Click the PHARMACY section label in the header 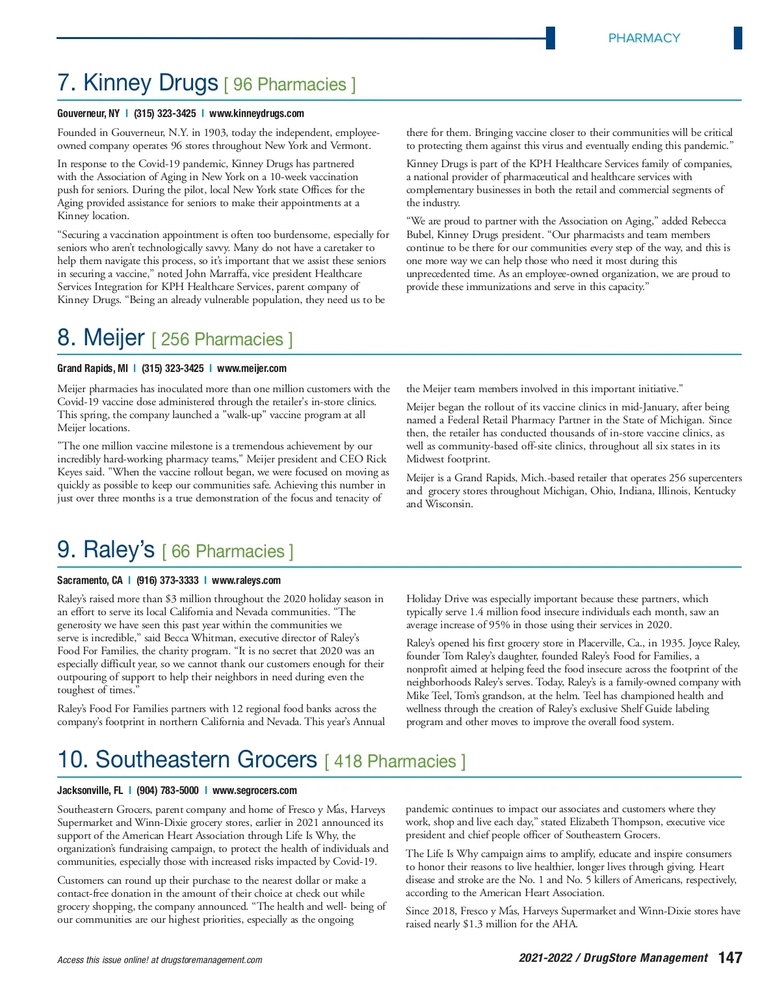pos(643,38)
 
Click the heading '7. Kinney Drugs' pos(138,83)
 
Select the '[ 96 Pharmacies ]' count pos(290,85)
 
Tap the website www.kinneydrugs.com pos(257,114)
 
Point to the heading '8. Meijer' pos(101,338)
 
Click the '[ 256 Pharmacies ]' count pos(222,339)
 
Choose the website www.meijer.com pos(252,369)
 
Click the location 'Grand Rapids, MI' pos(92,369)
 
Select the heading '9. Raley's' pos(106,549)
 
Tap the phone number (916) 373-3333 pos(168,581)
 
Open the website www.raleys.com pos(246,581)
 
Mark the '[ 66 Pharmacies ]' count pos(228,551)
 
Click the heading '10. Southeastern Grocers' pos(187,760)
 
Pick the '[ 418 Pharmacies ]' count pos(395,761)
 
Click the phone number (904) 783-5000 pos(168,791)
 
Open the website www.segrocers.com pos(255,791)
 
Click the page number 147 pos(730,958)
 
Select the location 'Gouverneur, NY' pos(88,114)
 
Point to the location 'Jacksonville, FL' pos(90,791)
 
